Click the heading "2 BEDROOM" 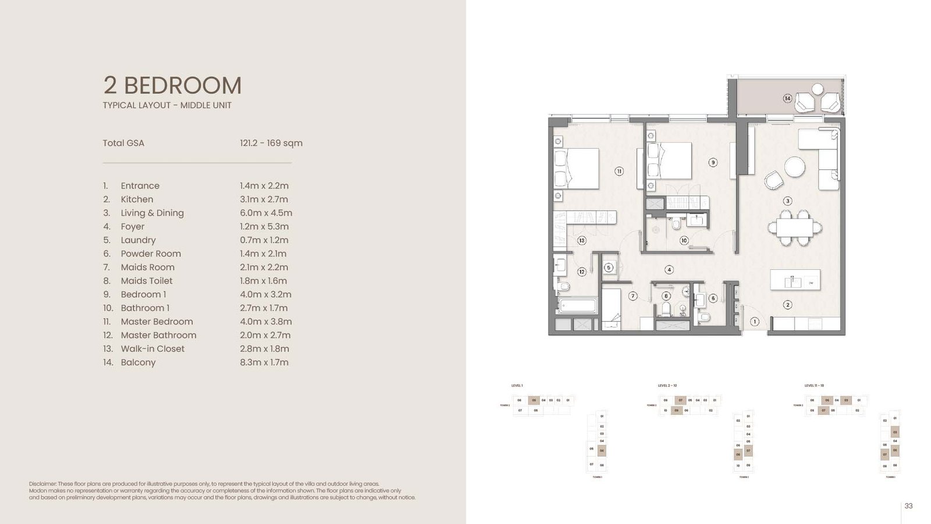pos(172,85)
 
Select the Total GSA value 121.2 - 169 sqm pos(271,143)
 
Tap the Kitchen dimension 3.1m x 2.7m pos(264,199)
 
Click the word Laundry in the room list pos(138,240)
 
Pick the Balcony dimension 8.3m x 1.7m pos(264,362)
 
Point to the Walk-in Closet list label pos(152,349)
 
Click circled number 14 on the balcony pos(787,98)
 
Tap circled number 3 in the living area pos(787,201)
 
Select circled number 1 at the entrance pos(755,322)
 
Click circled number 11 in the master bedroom pos(619,171)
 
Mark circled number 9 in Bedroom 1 pos(713,162)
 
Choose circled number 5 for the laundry pos(609,268)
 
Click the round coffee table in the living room pos(794,167)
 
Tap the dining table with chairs pos(794,227)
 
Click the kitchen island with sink pos(795,280)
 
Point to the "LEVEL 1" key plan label pos(517,386)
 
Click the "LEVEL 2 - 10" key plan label pos(667,386)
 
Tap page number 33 pos(908,506)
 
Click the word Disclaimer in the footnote pos(42,484)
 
